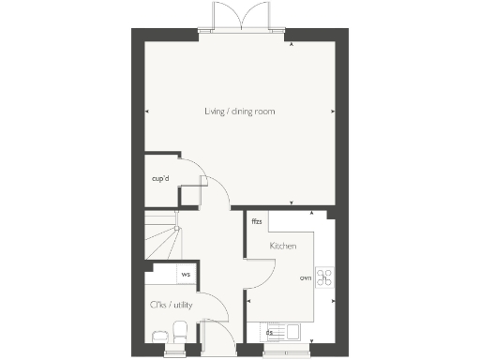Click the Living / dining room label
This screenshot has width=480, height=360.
click(x=240, y=112)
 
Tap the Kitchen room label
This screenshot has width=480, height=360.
click(x=283, y=246)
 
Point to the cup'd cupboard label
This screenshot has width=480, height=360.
click(x=160, y=177)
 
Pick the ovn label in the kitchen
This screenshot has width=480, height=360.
click(x=305, y=278)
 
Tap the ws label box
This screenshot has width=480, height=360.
click(x=186, y=274)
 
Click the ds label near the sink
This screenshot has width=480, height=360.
click(x=270, y=332)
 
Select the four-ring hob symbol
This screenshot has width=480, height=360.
click(x=326, y=277)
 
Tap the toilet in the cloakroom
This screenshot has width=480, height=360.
click(x=180, y=330)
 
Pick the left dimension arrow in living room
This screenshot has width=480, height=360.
click(x=147, y=112)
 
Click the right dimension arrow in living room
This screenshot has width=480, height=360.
click(x=333, y=112)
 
